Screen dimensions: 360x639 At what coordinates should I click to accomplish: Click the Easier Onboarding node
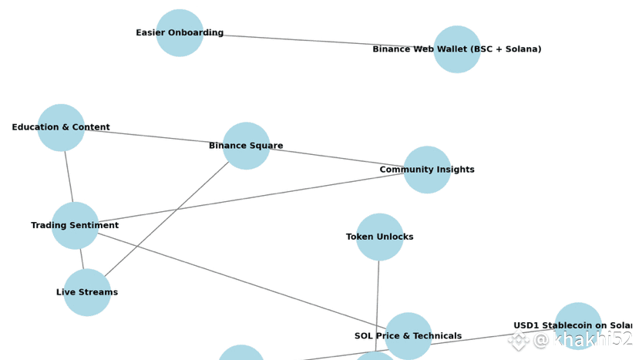pos(180,33)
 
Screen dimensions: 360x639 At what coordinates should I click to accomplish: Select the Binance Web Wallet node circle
pos(457,49)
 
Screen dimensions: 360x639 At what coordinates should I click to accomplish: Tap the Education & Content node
pos(61,128)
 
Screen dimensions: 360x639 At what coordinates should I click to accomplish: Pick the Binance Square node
pos(246,146)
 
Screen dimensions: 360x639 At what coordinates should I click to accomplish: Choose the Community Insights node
pos(427,170)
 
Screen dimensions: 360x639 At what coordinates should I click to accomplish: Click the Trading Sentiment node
pos(75,226)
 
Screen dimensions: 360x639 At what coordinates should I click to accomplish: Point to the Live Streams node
pos(87,293)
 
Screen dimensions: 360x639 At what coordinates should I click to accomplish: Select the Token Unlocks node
pos(379,237)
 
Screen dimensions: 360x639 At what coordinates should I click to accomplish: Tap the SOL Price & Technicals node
pos(408,336)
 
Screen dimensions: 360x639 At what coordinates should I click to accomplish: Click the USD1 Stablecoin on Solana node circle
pos(577,326)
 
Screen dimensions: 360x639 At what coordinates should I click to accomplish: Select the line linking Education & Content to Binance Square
pos(154,137)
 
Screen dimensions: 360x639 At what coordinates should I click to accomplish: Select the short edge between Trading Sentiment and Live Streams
pos(82,260)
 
